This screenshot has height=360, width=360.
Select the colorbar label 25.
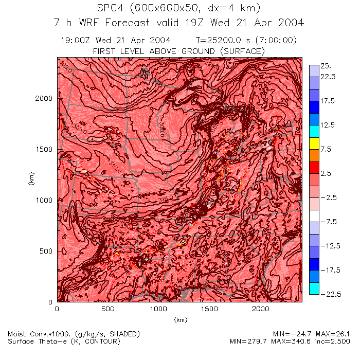pyautogui.click(x=326, y=66)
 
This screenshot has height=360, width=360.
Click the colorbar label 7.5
pyautogui.click(x=326, y=149)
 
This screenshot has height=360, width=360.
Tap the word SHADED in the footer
pyautogui.click(x=122, y=334)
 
